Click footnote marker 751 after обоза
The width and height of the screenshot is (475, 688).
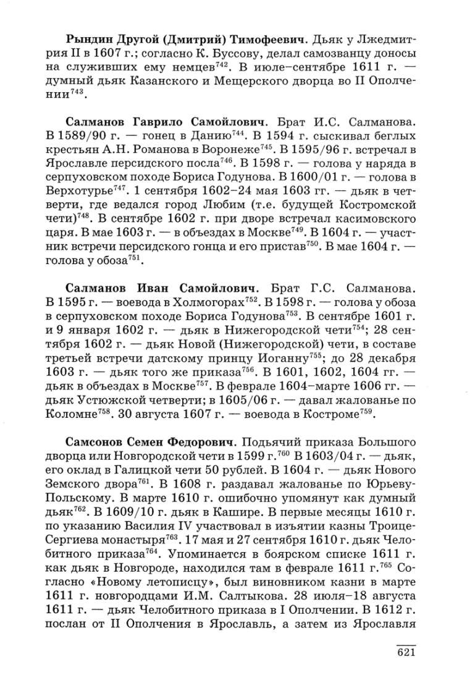click(x=136, y=258)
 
